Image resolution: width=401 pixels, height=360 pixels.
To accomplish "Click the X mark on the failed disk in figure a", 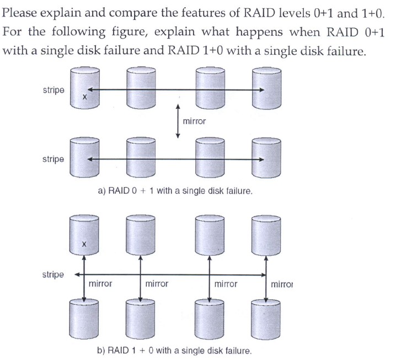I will [84, 97].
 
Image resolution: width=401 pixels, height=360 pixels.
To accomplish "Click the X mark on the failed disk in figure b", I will [84, 243].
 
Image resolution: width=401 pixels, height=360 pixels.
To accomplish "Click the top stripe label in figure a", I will [53, 89].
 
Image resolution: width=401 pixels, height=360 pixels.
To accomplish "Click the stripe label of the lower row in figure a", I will [53, 159].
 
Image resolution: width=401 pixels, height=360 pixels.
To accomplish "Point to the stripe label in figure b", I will [53, 274].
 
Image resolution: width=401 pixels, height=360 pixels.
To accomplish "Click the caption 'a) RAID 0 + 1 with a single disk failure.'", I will [175, 191].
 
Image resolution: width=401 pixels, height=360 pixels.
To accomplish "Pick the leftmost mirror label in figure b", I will [100, 284].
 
